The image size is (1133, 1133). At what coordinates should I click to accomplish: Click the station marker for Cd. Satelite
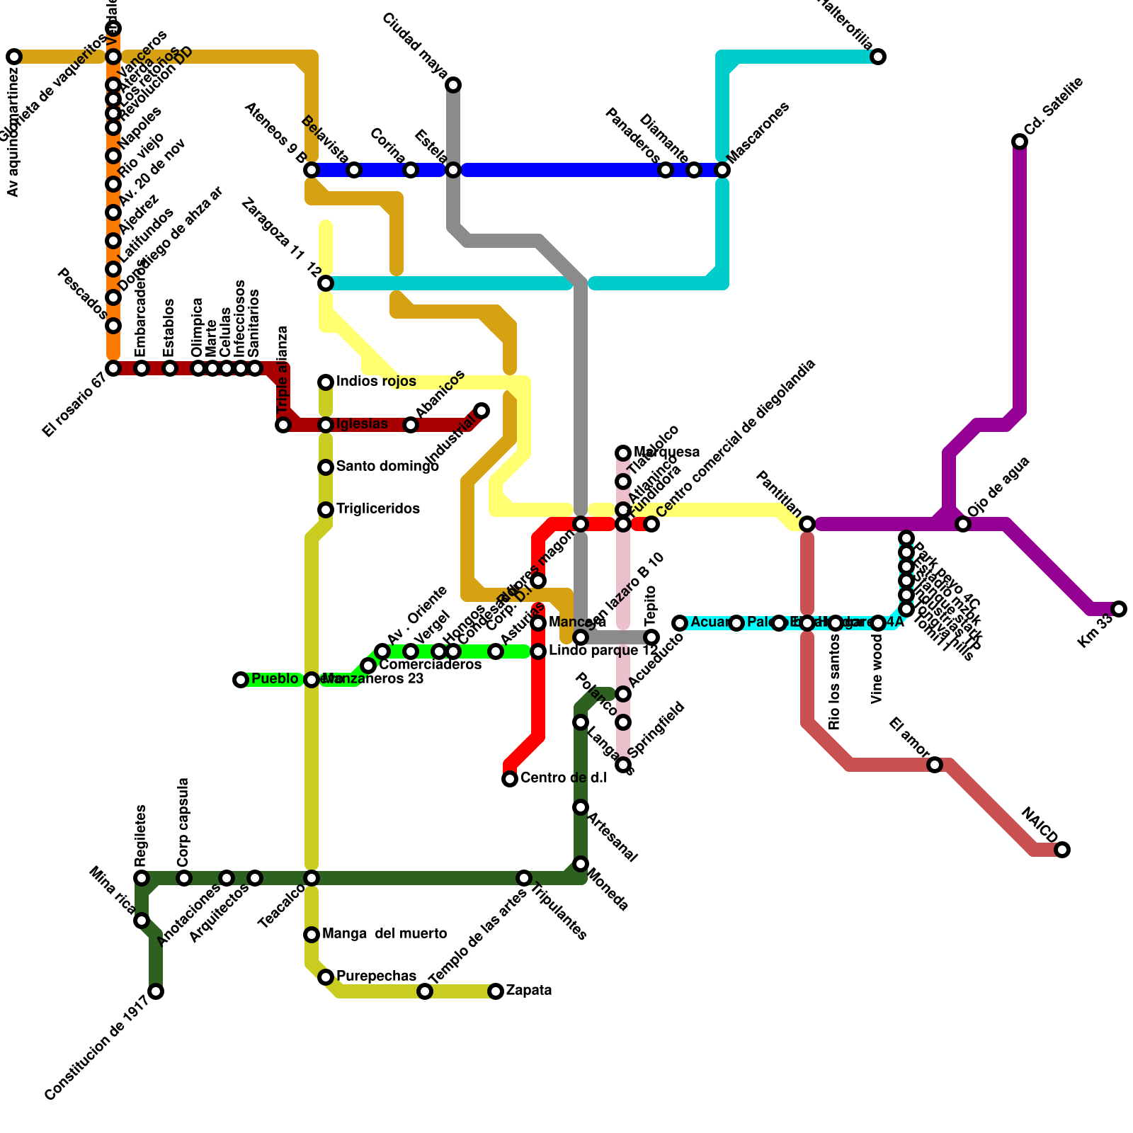pyautogui.click(x=1020, y=142)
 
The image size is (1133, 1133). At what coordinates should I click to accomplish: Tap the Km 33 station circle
pyautogui.click(x=1119, y=609)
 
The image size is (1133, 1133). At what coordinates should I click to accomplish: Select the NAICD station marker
pyautogui.click(x=1062, y=850)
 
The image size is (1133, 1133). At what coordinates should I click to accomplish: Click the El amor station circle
pyautogui.click(x=935, y=765)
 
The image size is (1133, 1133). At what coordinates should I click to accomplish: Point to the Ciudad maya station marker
pyautogui.click(x=453, y=85)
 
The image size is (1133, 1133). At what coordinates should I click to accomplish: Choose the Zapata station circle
pyautogui.click(x=496, y=991)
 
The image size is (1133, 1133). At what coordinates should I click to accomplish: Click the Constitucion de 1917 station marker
pyautogui.click(x=156, y=991)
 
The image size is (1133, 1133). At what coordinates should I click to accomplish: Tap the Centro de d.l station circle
pyautogui.click(x=510, y=779)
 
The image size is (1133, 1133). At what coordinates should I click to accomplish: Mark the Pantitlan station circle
pyautogui.click(x=807, y=524)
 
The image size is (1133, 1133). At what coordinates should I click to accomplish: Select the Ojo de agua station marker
pyautogui.click(x=963, y=524)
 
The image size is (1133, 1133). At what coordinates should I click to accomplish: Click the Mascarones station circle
pyautogui.click(x=722, y=170)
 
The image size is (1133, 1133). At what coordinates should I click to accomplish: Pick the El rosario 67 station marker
pyautogui.click(x=113, y=368)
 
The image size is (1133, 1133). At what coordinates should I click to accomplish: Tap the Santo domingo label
pyautogui.click(x=387, y=467)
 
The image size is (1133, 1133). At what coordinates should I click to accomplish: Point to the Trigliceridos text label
pyautogui.click(x=377, y=509)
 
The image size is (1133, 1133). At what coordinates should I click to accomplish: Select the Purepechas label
pyautogui.click(x=376, y=977)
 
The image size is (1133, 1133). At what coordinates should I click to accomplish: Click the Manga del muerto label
pyautogui.click(x=384, y=934)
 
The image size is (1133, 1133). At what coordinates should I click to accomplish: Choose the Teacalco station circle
pyautogui.click(x=312, y=878)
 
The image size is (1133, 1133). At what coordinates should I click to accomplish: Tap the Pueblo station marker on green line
pyautogui.click(x=241, y=680)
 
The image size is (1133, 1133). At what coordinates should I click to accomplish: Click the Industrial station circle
pyautogui.click(x=482, y=411)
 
